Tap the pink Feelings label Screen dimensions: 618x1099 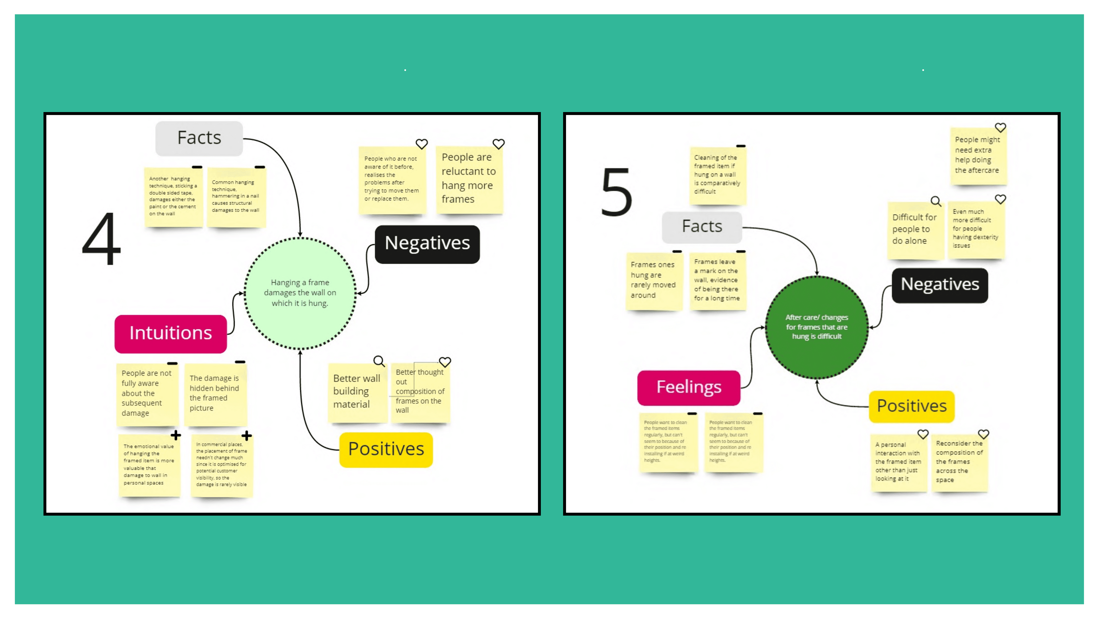[x=689, y=387]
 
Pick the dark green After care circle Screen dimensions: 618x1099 [x=817, y=327]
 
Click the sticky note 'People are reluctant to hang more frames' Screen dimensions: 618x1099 [x=469, y=179]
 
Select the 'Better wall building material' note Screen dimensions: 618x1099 [x=357, y=392]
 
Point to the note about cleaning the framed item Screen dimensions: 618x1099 [x=717, y=175]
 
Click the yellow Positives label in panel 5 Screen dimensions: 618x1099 [x=911, y=406]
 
